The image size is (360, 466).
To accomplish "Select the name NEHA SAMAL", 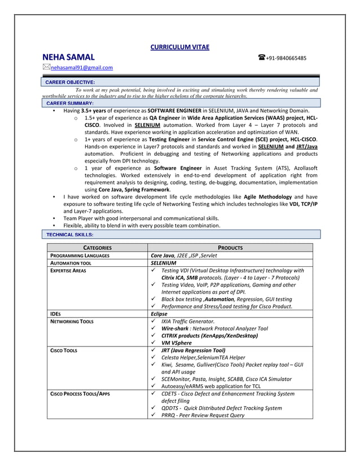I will click(68, 58).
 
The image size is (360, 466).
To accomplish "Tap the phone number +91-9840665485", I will click(286, 58).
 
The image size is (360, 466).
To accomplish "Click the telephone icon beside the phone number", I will click(262, 58).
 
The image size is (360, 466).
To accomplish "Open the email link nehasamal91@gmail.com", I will click(82, 68).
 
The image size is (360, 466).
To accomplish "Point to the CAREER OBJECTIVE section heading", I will click(70, 82).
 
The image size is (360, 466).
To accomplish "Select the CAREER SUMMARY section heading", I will click(69, 104).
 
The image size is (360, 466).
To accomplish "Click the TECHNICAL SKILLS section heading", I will click(69, 234).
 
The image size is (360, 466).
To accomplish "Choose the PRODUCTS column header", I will click(230, 248).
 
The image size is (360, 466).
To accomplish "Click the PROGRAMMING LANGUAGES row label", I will click(80, 256).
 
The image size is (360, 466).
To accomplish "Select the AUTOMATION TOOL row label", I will click(71, 263).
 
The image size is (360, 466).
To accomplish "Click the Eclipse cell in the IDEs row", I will click(159, 314).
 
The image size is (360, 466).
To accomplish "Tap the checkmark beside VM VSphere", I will click(153, 342).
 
